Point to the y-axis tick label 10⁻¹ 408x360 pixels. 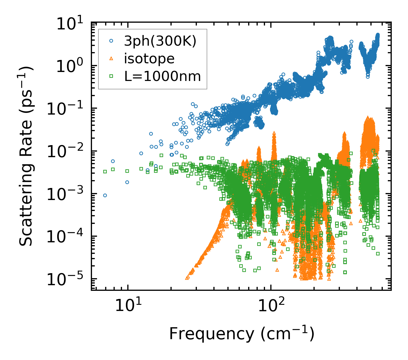point(67,109)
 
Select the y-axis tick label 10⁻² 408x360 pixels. point(67,152)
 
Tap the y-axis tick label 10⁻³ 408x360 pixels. point(67,195)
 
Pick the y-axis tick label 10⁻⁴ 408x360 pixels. point(67,237)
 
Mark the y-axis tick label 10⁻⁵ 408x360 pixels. point(67,280)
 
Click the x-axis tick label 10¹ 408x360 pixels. point(126,306)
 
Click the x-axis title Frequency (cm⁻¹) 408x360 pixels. point(241,334)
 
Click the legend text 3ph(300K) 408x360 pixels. point(160,41)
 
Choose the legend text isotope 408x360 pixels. point(149,59)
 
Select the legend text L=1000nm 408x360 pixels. point(162,76)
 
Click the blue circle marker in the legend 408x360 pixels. point(111,41)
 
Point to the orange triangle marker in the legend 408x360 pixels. point(111,59)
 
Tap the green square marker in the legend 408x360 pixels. point(111,76)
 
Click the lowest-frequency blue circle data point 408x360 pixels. point(105,195)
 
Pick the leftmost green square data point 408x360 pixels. point(105,171)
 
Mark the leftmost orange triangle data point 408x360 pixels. point(187,278)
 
